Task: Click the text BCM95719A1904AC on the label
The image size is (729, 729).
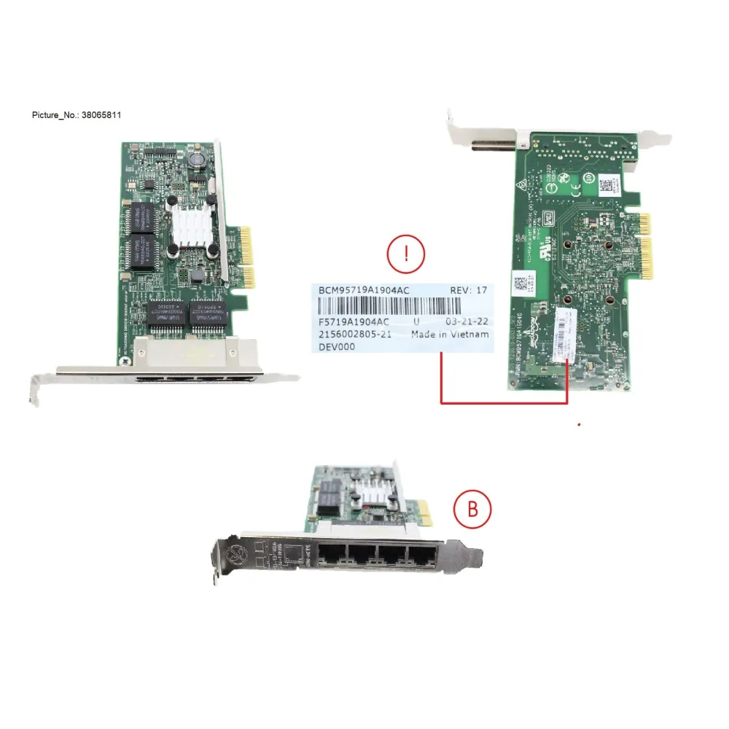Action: point(364,290)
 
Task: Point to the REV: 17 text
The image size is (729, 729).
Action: point(467,290)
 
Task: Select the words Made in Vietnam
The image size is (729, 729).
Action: point(450,335)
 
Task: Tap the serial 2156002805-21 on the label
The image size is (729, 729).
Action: point(355,335)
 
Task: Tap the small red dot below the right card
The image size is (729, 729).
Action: point(579,423)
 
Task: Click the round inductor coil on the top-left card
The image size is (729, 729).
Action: point(194,159)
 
